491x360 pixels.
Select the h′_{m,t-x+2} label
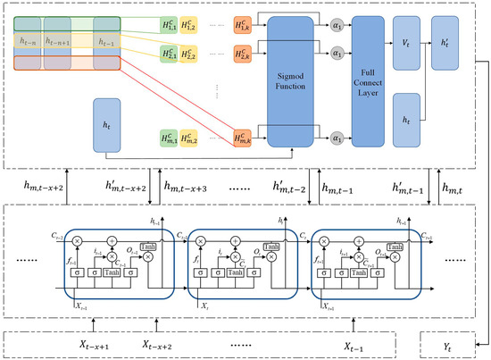(x=129, y=186)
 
